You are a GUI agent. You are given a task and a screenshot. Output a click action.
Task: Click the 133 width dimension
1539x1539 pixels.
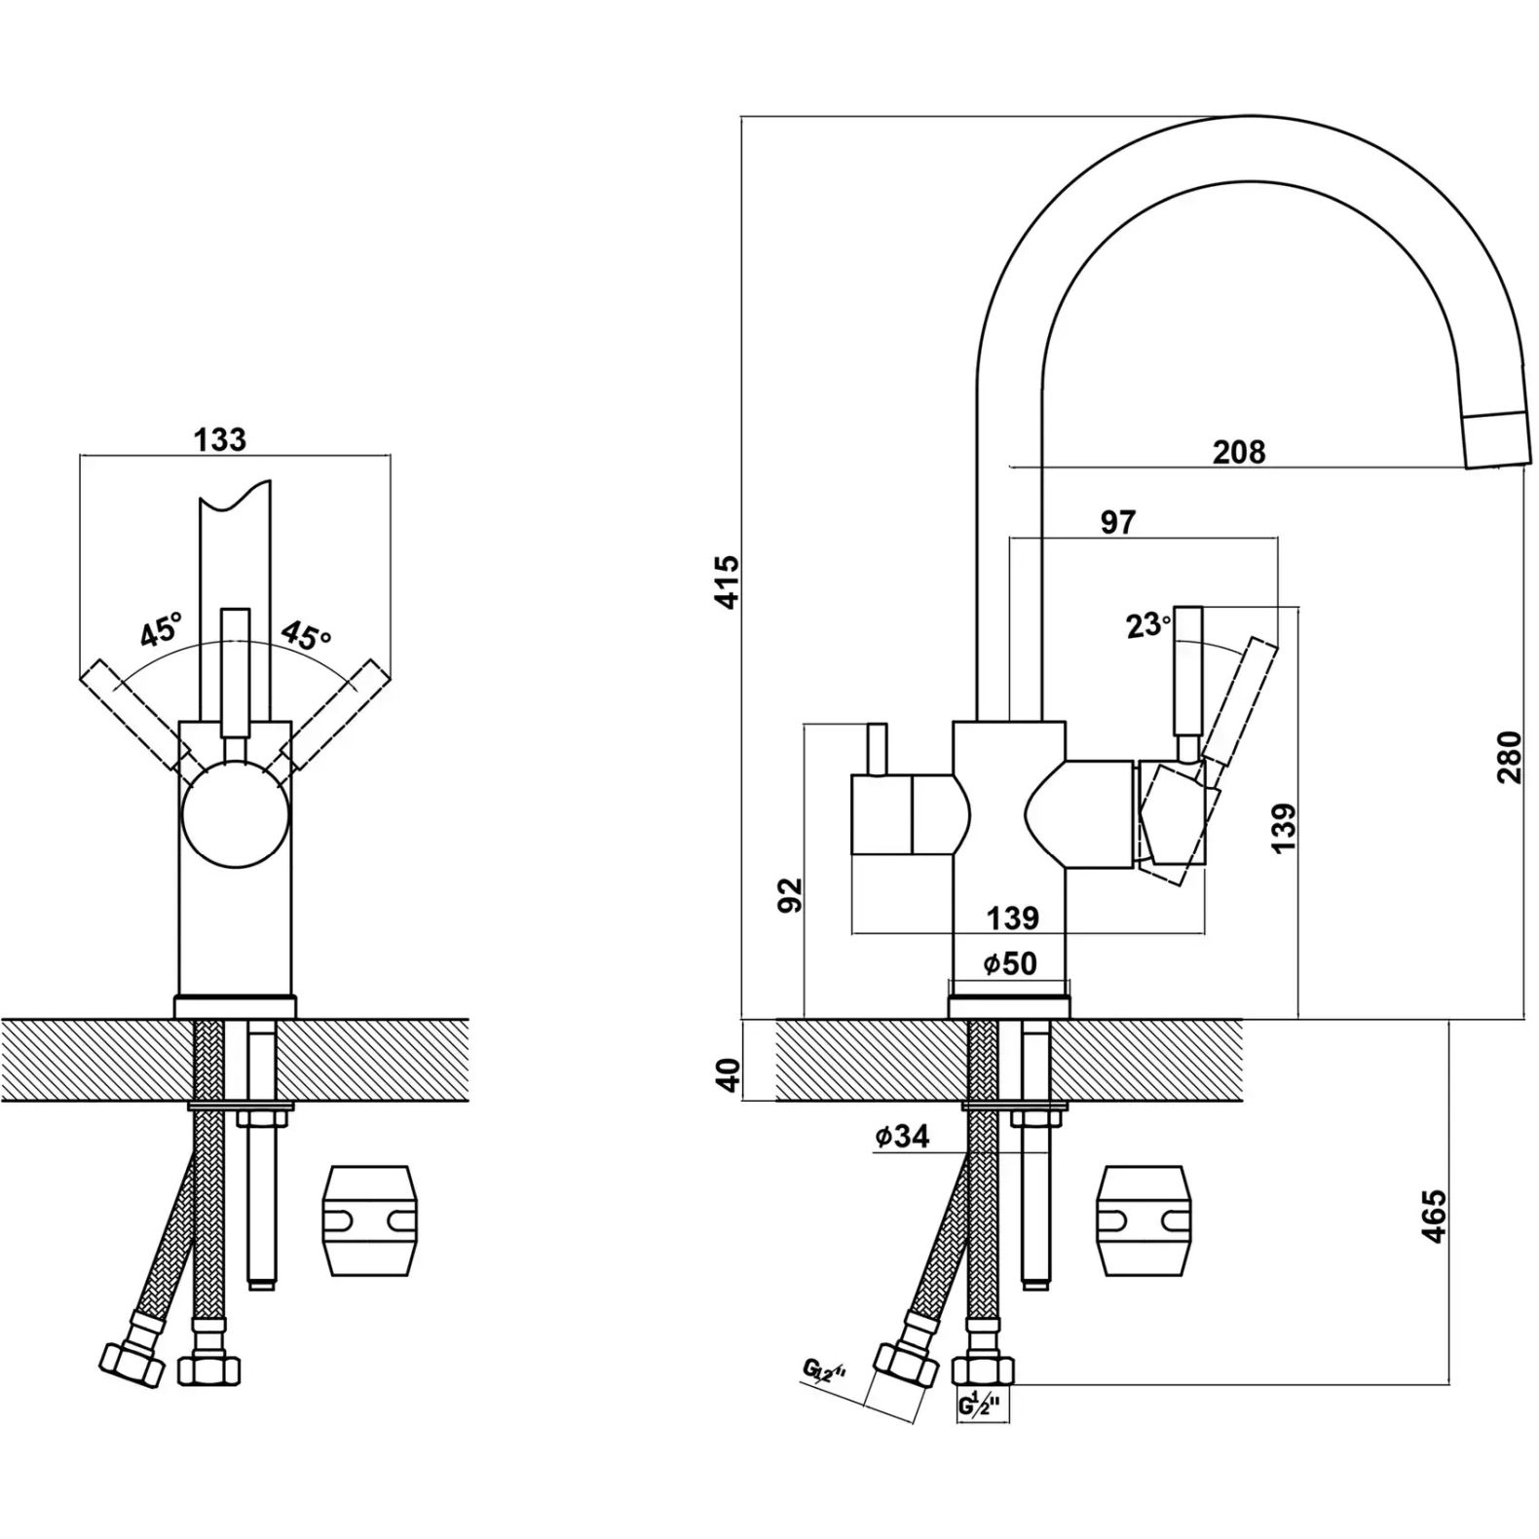tap(220, 439)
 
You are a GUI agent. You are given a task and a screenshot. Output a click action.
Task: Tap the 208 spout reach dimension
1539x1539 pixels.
tap(1239, 452)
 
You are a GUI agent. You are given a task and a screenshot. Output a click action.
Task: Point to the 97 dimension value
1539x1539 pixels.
tap(1118, 522)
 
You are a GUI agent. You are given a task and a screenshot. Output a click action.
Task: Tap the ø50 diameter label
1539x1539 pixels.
tap(1010, 963)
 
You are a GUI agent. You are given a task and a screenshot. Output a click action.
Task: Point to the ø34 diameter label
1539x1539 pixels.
tap(902, 1135)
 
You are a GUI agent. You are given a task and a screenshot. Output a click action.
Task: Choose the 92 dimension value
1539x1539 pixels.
tap(790, 894)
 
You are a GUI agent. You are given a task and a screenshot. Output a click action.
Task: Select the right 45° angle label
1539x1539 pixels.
tap(306, 634)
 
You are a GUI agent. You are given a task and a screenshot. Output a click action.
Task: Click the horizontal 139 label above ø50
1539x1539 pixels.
tap(1013, 918)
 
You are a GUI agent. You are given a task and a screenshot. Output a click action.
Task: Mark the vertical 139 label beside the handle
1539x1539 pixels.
tap(1284, 827)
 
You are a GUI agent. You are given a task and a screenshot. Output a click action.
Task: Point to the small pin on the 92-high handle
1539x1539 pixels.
tap(878, 749)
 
